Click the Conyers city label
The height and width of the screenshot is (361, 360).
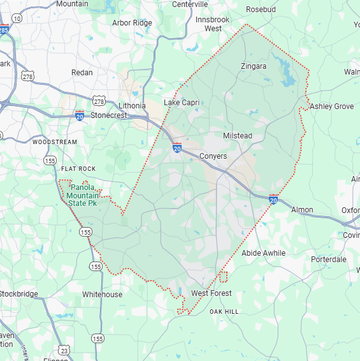pos(213,156)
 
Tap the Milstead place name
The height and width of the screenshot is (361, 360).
pos(237,136)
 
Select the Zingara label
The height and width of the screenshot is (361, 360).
pos(254,66)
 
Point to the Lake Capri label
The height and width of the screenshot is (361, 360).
pos(182,103)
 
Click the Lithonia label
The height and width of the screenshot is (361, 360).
pos(132,106)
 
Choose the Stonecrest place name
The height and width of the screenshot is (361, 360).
pos(108,116)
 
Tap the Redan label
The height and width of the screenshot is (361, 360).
pos(82,73)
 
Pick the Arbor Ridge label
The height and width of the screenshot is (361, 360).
pos(132,23)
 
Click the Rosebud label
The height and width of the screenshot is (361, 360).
pos(261,10)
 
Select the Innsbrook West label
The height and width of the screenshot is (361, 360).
pos(212,24)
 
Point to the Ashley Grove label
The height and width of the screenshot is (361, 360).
pos(331,107)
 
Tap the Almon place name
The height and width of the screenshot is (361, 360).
pos(302,210)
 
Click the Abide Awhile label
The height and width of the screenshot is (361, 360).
pos(264,253)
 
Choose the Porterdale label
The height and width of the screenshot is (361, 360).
pos(329,260)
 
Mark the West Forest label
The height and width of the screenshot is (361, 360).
pos(212,293)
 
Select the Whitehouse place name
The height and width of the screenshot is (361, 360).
pos(102,295)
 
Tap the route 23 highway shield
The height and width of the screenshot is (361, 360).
pos(64,350)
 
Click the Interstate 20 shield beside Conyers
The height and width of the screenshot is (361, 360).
pos(177,148)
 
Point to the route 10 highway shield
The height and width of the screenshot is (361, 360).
pos(17,18)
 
